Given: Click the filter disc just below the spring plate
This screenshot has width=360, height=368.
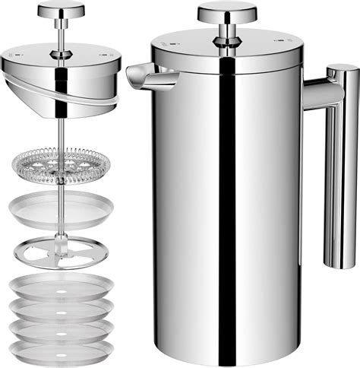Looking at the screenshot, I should click(62, 208).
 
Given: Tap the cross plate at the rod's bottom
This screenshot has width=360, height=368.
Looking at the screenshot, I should click(62, 250).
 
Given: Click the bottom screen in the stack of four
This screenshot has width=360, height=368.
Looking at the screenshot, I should click(62, 351).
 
